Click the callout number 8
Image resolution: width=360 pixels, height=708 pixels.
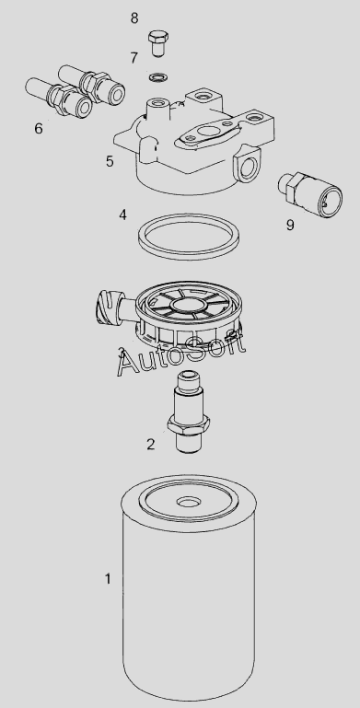(134, 18)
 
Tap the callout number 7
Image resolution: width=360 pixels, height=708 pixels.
(134, 58)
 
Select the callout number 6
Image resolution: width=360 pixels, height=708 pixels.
(39, 128)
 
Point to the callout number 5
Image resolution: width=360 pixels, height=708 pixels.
(110, 161)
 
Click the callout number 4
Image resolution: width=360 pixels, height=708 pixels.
(122, 215)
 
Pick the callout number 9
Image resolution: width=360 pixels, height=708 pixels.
(290, 225)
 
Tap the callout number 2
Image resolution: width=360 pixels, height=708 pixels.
(151, 445)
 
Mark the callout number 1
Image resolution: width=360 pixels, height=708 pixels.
(108, 578)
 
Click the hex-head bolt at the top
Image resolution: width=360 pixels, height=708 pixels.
(158, 43)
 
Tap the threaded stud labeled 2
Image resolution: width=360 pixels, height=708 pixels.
(188, 412)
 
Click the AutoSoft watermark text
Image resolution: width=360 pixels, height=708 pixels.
(180, 354)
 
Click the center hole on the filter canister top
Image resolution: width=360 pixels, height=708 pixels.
(189, 503)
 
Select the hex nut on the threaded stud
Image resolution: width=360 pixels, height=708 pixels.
(188, 424)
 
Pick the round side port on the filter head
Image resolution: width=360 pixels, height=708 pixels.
(248, 167)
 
